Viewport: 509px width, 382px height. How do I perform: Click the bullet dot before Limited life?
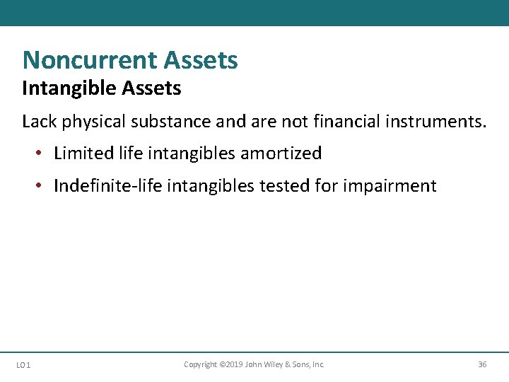41,154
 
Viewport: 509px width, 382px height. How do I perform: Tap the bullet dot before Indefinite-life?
41,186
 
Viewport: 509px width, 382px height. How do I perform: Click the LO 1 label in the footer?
23,365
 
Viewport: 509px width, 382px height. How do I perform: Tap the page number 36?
482,364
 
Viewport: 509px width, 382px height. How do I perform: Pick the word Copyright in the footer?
201,364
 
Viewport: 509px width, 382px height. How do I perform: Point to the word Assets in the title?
201,60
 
